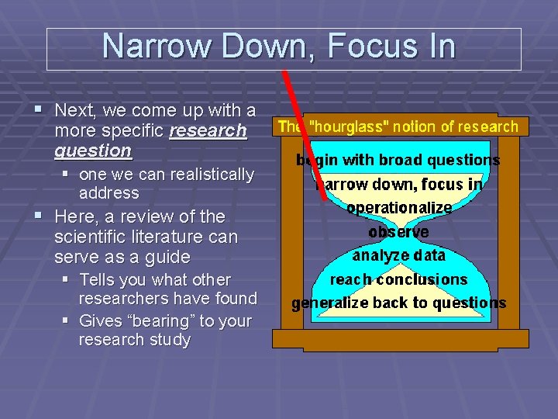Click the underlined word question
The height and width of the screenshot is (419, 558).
click(93, 150)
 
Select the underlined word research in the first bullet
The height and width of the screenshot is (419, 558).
click(208, 130)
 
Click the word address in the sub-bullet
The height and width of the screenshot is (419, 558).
click(108, 193)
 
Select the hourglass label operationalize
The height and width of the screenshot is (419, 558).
click(398, 208)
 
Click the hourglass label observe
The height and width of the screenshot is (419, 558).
click(398, 231)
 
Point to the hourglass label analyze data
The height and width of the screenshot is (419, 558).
click(398, 255)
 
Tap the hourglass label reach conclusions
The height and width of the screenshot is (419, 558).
click(398, 279)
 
